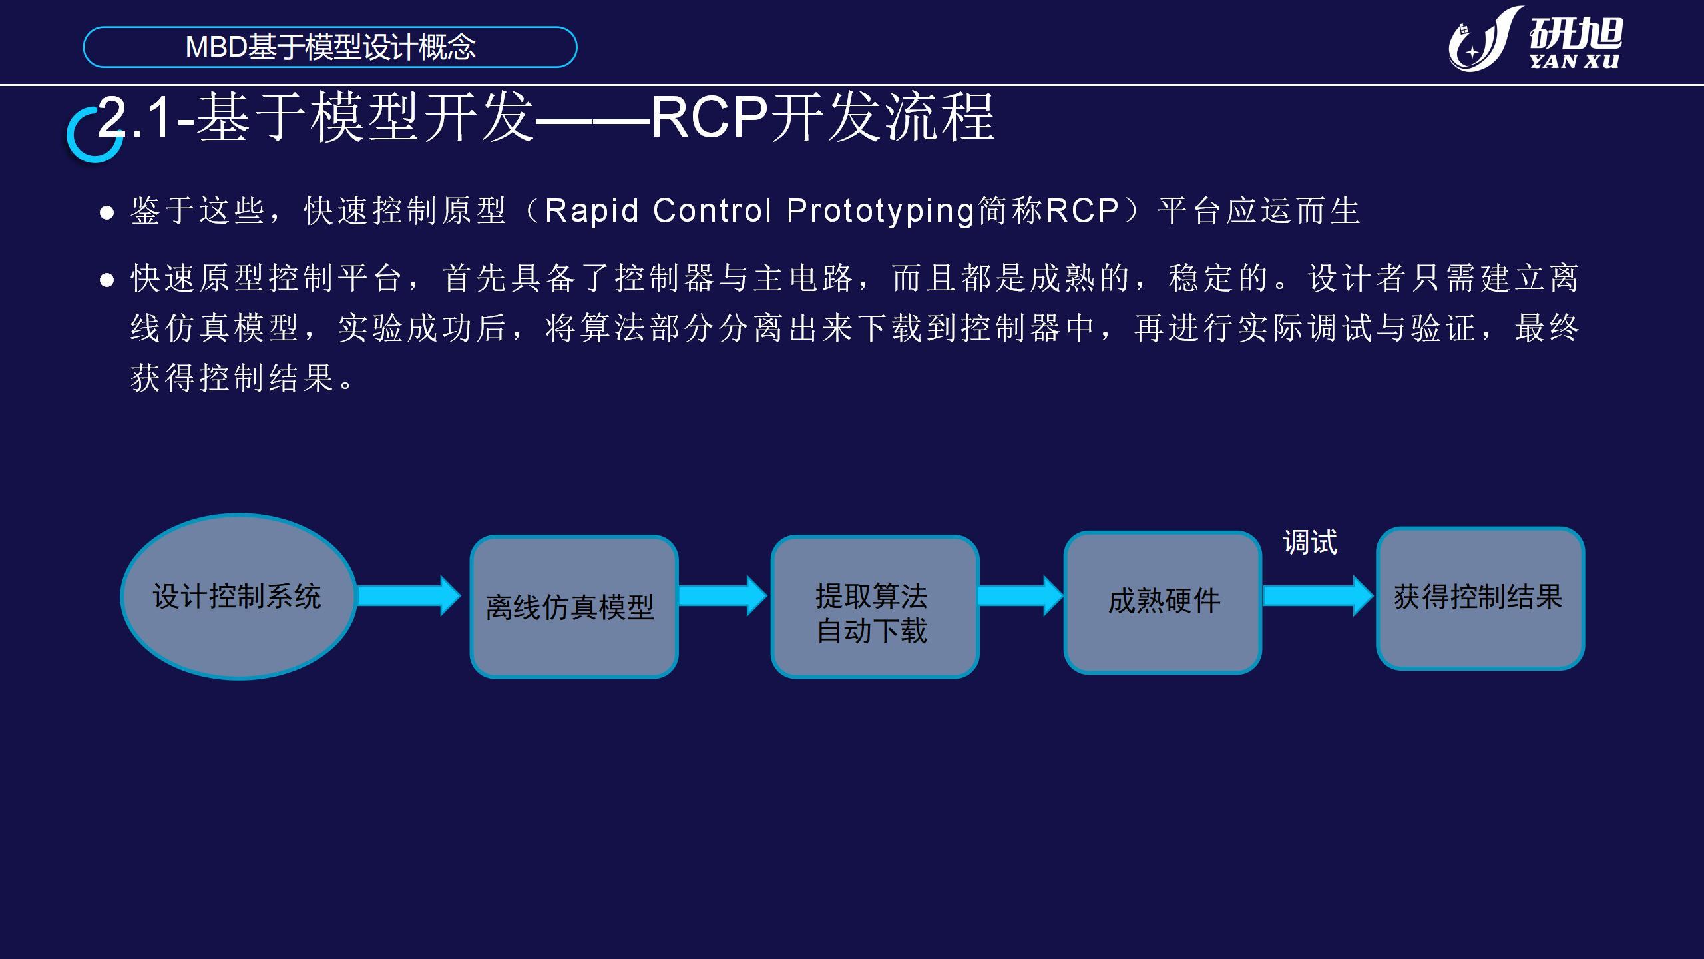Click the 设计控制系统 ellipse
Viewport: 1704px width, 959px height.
[238, 596]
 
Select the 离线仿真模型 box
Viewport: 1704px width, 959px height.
[574, 607]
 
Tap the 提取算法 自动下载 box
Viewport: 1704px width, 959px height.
[875, 607]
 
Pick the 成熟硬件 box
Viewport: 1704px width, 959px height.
[1163, 602]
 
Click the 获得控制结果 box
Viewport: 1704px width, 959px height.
[1480, 598]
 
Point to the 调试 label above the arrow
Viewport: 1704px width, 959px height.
[1310, 542]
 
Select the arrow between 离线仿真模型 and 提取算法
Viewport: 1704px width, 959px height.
[723, 595]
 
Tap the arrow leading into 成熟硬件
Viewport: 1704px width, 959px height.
[1020, 595]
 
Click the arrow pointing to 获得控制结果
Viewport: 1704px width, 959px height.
[1319, 595]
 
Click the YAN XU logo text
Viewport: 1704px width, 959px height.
[1574, 61]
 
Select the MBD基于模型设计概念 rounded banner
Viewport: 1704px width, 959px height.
[330, 47]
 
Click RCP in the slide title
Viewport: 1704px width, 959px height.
[710, 117]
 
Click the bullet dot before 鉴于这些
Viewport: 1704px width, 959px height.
[106, 213]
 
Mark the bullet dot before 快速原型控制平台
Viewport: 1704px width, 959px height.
[106, 280]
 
